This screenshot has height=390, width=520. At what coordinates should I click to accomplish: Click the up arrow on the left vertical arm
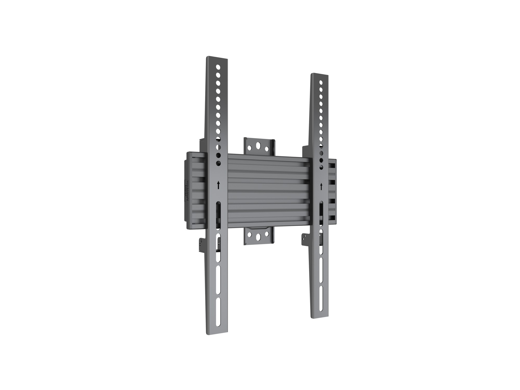218,185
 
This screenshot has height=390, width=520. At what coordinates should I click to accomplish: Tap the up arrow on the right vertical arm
321,186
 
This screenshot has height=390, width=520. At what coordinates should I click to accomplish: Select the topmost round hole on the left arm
218,67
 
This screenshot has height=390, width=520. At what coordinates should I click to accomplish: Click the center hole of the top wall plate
258,145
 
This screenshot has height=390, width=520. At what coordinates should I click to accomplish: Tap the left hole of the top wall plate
250,148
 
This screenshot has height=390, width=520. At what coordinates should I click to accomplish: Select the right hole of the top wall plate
266,149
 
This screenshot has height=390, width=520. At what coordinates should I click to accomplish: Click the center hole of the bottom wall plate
258,237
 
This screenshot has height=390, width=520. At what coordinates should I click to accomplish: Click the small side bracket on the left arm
202,245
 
